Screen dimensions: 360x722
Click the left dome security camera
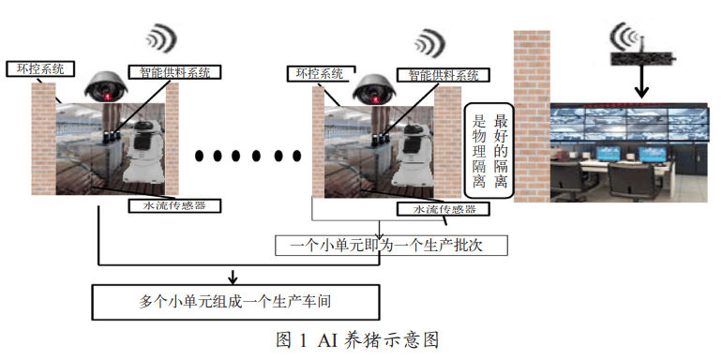(106, 86)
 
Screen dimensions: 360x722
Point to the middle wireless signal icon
(429, 40)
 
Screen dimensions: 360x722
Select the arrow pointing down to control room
(641, 84)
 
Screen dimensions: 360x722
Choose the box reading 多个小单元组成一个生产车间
(235, 302)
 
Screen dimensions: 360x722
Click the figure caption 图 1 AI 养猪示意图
(357, 338)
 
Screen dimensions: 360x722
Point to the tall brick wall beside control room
(531, 112)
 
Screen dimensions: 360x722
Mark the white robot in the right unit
(413, 156)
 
